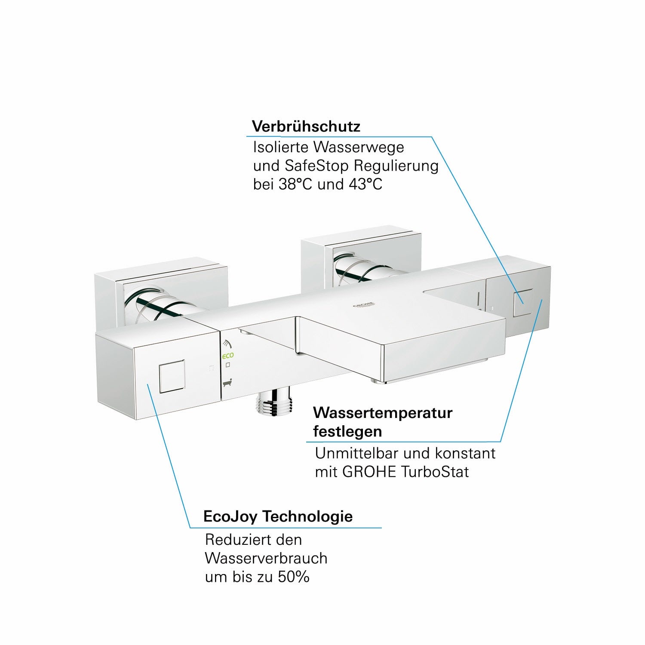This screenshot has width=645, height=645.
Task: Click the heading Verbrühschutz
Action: (x=306, y=127)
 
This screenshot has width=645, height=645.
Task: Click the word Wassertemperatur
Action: (x=383, y=413)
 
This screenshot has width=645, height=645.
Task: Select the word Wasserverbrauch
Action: (x=266, y=558)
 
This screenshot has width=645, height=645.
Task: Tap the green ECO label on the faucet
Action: (x=228, y=356)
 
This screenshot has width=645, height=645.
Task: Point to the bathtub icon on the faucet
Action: (x=228, y=381)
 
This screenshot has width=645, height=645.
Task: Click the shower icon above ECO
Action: (x=227, y=344)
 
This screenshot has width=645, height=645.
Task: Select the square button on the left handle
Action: (x=172, y=376)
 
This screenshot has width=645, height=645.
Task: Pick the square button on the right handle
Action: (x=523, y=302)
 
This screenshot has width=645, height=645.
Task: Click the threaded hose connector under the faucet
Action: (x=275, y=402)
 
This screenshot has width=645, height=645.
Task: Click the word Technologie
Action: (x=307, y=516)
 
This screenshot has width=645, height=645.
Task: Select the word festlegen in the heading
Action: (x=347, y=431)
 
